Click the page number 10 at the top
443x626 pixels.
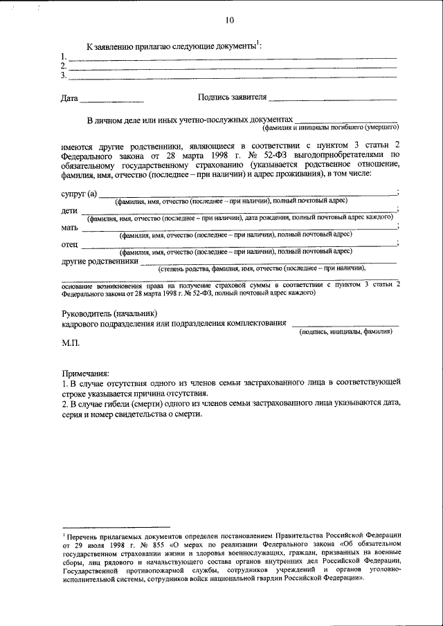tap(229, 20)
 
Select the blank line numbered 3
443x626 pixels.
tap(232, 76)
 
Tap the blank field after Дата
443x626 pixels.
tap(111, 101)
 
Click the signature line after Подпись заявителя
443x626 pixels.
tap(333, 101)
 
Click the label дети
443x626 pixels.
tap(69, 210)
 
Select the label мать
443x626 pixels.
tap(69, 227)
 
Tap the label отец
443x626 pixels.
tap(69, 244)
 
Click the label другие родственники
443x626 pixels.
tap(99, 261)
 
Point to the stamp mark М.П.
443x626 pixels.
tap(71, 342)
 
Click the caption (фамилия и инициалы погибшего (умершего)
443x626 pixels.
tap(330, 128)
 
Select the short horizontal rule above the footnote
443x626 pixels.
tap(116, 526)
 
